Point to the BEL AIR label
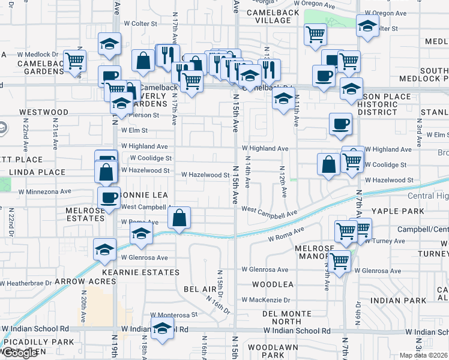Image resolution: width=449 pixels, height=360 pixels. [x=199, y=289]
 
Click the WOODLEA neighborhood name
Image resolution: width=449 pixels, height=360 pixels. [x=272, y=284]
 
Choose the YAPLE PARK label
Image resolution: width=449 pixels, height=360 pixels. [x=397, y=211]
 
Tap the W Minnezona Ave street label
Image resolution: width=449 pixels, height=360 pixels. [x=44, y=191]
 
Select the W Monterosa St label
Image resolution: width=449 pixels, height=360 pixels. [x=173, y=314]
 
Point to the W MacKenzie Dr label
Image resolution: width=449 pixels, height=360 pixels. [x=266, y=299]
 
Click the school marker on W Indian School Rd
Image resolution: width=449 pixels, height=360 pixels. [x=161, y=328]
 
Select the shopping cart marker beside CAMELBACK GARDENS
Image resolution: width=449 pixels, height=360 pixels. [x=74, y=60]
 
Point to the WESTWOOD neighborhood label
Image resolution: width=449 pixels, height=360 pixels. [x=43, y=112]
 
